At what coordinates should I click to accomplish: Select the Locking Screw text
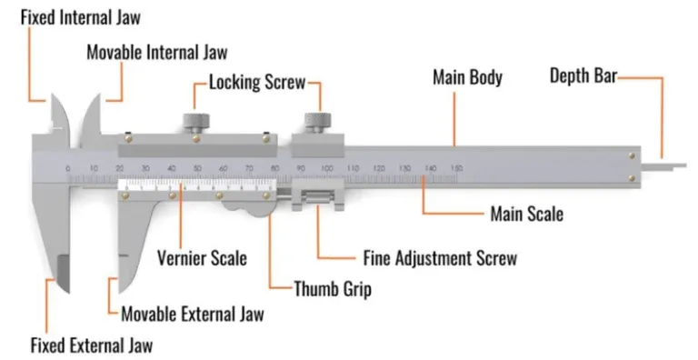point(256,84)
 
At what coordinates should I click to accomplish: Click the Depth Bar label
point(583,76)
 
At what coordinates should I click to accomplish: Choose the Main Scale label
point(526,215)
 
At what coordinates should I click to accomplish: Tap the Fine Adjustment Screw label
point(439,258)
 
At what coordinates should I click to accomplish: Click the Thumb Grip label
point(333,290)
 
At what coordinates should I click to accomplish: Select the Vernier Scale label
point(201,257)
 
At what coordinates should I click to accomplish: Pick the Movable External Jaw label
point(193,315)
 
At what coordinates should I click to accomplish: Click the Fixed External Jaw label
point(92,345)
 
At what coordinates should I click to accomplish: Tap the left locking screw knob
point(194,121)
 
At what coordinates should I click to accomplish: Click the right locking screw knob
point(318,121)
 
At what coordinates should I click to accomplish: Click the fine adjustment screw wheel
point(317,197)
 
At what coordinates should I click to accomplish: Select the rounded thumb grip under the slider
point(247,208)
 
